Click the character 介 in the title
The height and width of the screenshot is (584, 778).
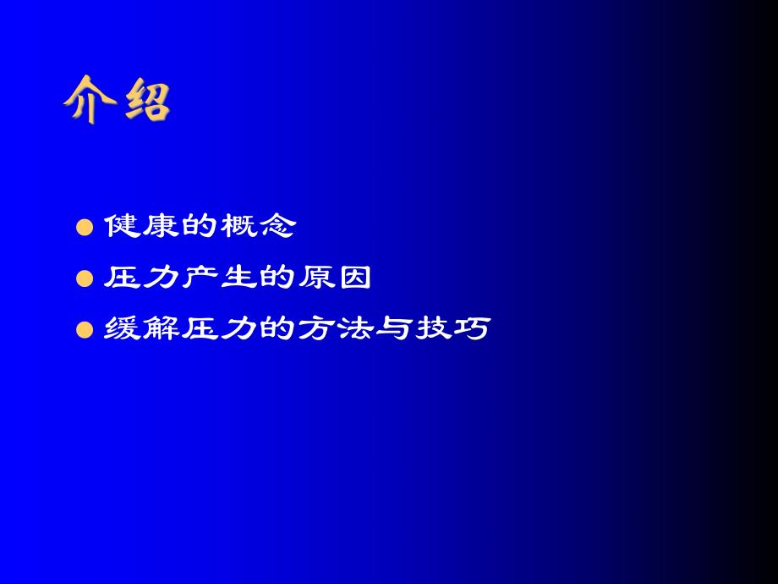[x=90, y=101]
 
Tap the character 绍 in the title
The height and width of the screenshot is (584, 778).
[x=144, y=101]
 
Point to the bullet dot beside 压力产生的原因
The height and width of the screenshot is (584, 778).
[x=84, y=279]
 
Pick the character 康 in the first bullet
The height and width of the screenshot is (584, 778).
[x=158, y=227]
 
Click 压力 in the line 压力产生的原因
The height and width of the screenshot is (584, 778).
[x=139, y=278]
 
